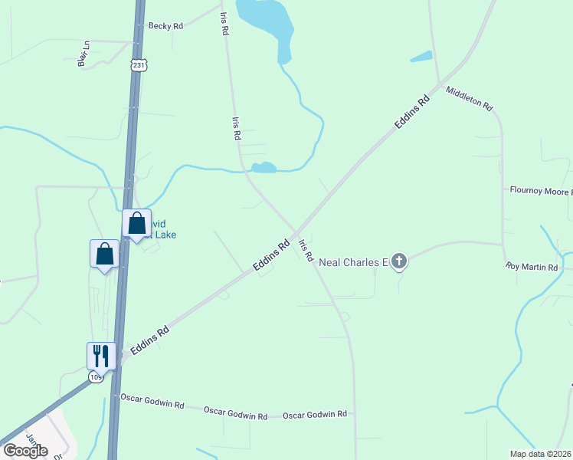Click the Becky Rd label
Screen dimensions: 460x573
(x=166, y=26)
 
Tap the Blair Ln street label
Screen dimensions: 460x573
(x=83, y=54)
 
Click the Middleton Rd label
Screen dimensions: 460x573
(x=468, y=99)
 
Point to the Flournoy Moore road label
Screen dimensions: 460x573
(x=541, y=190)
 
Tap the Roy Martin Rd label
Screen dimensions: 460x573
(x=532, y=267)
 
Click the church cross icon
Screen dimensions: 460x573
(x=398, y=262)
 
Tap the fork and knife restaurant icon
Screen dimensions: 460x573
(x=101, y=355)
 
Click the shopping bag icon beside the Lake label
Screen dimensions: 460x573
(x=136, y=223)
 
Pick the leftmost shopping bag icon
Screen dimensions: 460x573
(x=104, y=253)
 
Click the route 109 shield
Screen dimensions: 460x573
(x=96, y=377)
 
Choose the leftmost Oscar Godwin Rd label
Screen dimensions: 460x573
(x=152, y=400)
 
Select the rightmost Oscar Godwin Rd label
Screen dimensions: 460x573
(x=315, y=415)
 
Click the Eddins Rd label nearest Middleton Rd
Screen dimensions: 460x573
(x=411, y=111)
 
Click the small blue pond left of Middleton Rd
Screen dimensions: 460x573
(x=421, y=56)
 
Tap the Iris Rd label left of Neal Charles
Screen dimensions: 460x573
(x=306, y=251)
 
